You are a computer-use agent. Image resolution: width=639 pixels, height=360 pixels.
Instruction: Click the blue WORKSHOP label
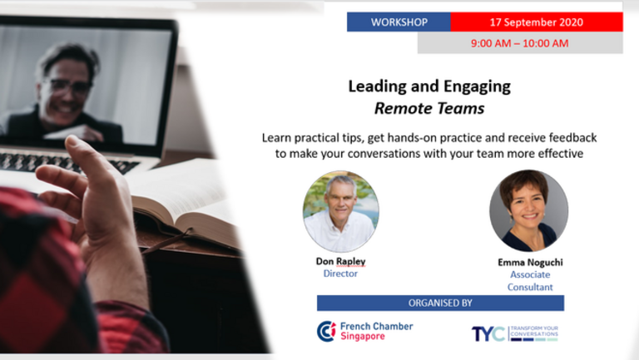(x=399, y=22)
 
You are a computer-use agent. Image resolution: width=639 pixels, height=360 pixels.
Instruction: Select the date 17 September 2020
(x=537, y=22)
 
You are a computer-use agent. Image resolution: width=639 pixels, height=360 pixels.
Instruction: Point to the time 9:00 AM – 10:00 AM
(x=519, y=43)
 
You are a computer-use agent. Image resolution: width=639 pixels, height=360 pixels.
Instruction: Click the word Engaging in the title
(x=477, y=86)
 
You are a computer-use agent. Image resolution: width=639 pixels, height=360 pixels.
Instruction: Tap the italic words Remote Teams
(x=429, y=108)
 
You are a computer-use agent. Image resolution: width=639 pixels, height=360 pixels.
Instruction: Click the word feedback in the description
(x=573, y=138)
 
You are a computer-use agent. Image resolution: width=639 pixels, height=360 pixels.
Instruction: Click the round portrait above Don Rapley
(x=340, y=211)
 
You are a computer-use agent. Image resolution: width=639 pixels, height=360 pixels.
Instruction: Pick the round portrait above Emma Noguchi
(x=528, y=210)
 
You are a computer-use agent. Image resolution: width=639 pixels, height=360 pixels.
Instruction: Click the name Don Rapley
(x=340, y=261)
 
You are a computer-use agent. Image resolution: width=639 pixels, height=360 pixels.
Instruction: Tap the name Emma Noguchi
(x=530, y=262)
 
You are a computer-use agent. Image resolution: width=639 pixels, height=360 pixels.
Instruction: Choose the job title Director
(x=340, y=274)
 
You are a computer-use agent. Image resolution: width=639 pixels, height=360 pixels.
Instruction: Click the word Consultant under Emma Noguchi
(x=530, y=287)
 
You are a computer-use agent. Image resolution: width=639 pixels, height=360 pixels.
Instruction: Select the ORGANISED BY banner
(x=440, y=303)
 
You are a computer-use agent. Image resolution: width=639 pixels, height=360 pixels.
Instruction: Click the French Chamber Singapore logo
(x=364, y=331)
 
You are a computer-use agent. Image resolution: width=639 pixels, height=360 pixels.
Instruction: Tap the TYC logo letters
(x=488, y=334)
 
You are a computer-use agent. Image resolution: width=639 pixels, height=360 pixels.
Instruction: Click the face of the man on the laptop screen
(x=67, y=91)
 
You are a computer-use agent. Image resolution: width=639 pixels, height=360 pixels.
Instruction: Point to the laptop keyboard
(x=65, y=162)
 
